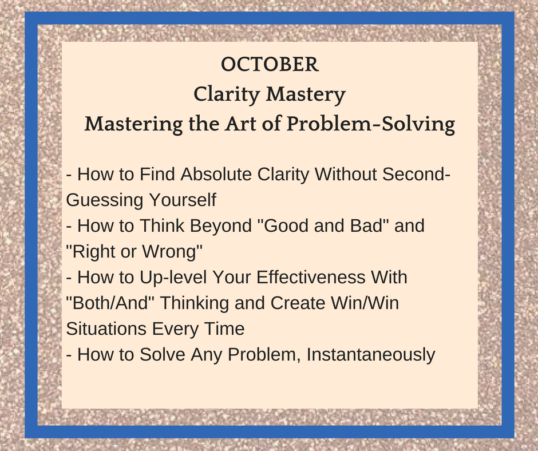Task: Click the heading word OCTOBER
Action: point(270,64)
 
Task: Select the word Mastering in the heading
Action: point(133,124)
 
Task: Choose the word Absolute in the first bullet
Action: point(216,174)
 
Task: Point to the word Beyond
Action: point(221,226)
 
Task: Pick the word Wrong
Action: point(170,251)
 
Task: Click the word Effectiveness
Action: point(311,277)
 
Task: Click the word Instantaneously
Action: point(371,354)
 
